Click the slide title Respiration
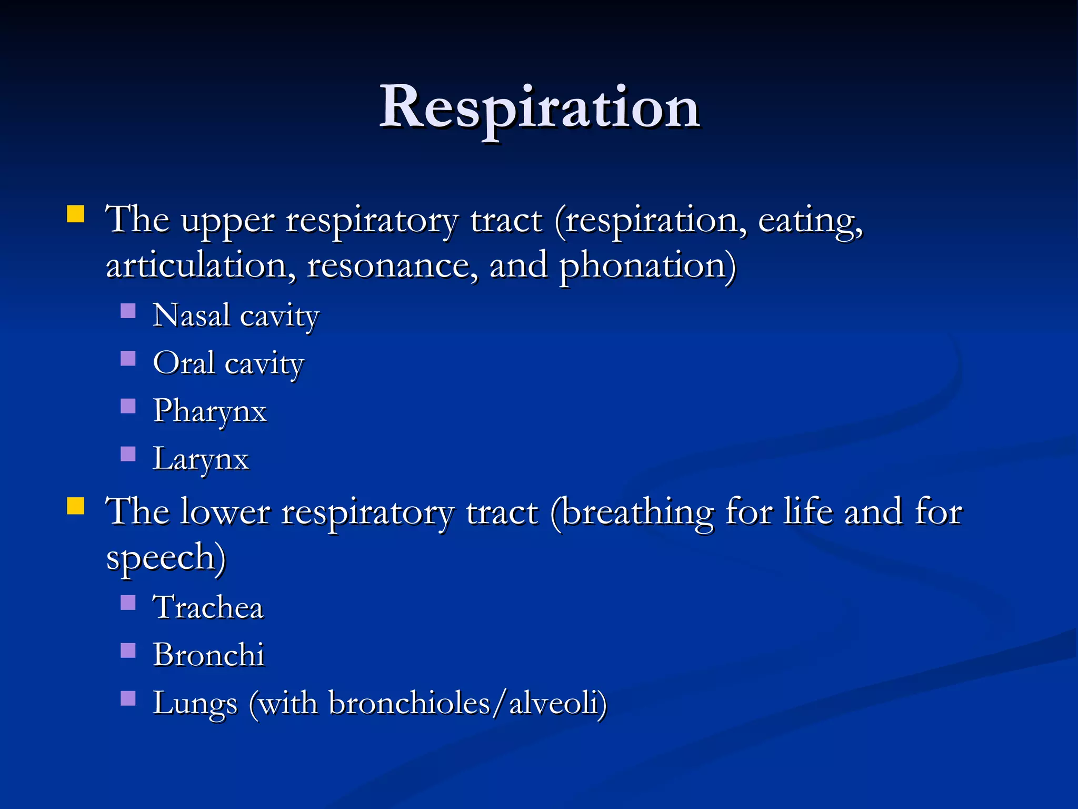click(539, 108)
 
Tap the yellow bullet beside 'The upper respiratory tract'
click(76, 215)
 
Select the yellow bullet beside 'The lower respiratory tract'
click(76, 506)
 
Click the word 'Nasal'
click(191, 315)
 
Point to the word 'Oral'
click(184, 363)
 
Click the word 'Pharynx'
click(209, 411)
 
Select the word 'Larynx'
click(201, 459)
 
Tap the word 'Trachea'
click(208, 607)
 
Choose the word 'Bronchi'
click(208, 655)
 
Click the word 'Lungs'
click(195, 703)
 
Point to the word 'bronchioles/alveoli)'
click(467, 703)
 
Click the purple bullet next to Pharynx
click(128, 406)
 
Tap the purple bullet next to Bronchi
click(128, 650)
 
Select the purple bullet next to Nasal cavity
click(128, 311)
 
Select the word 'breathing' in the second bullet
click(632, 512)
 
